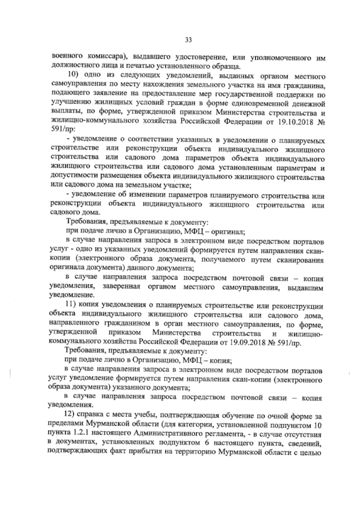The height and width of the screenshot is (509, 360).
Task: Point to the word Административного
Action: (x=166, y=433)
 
